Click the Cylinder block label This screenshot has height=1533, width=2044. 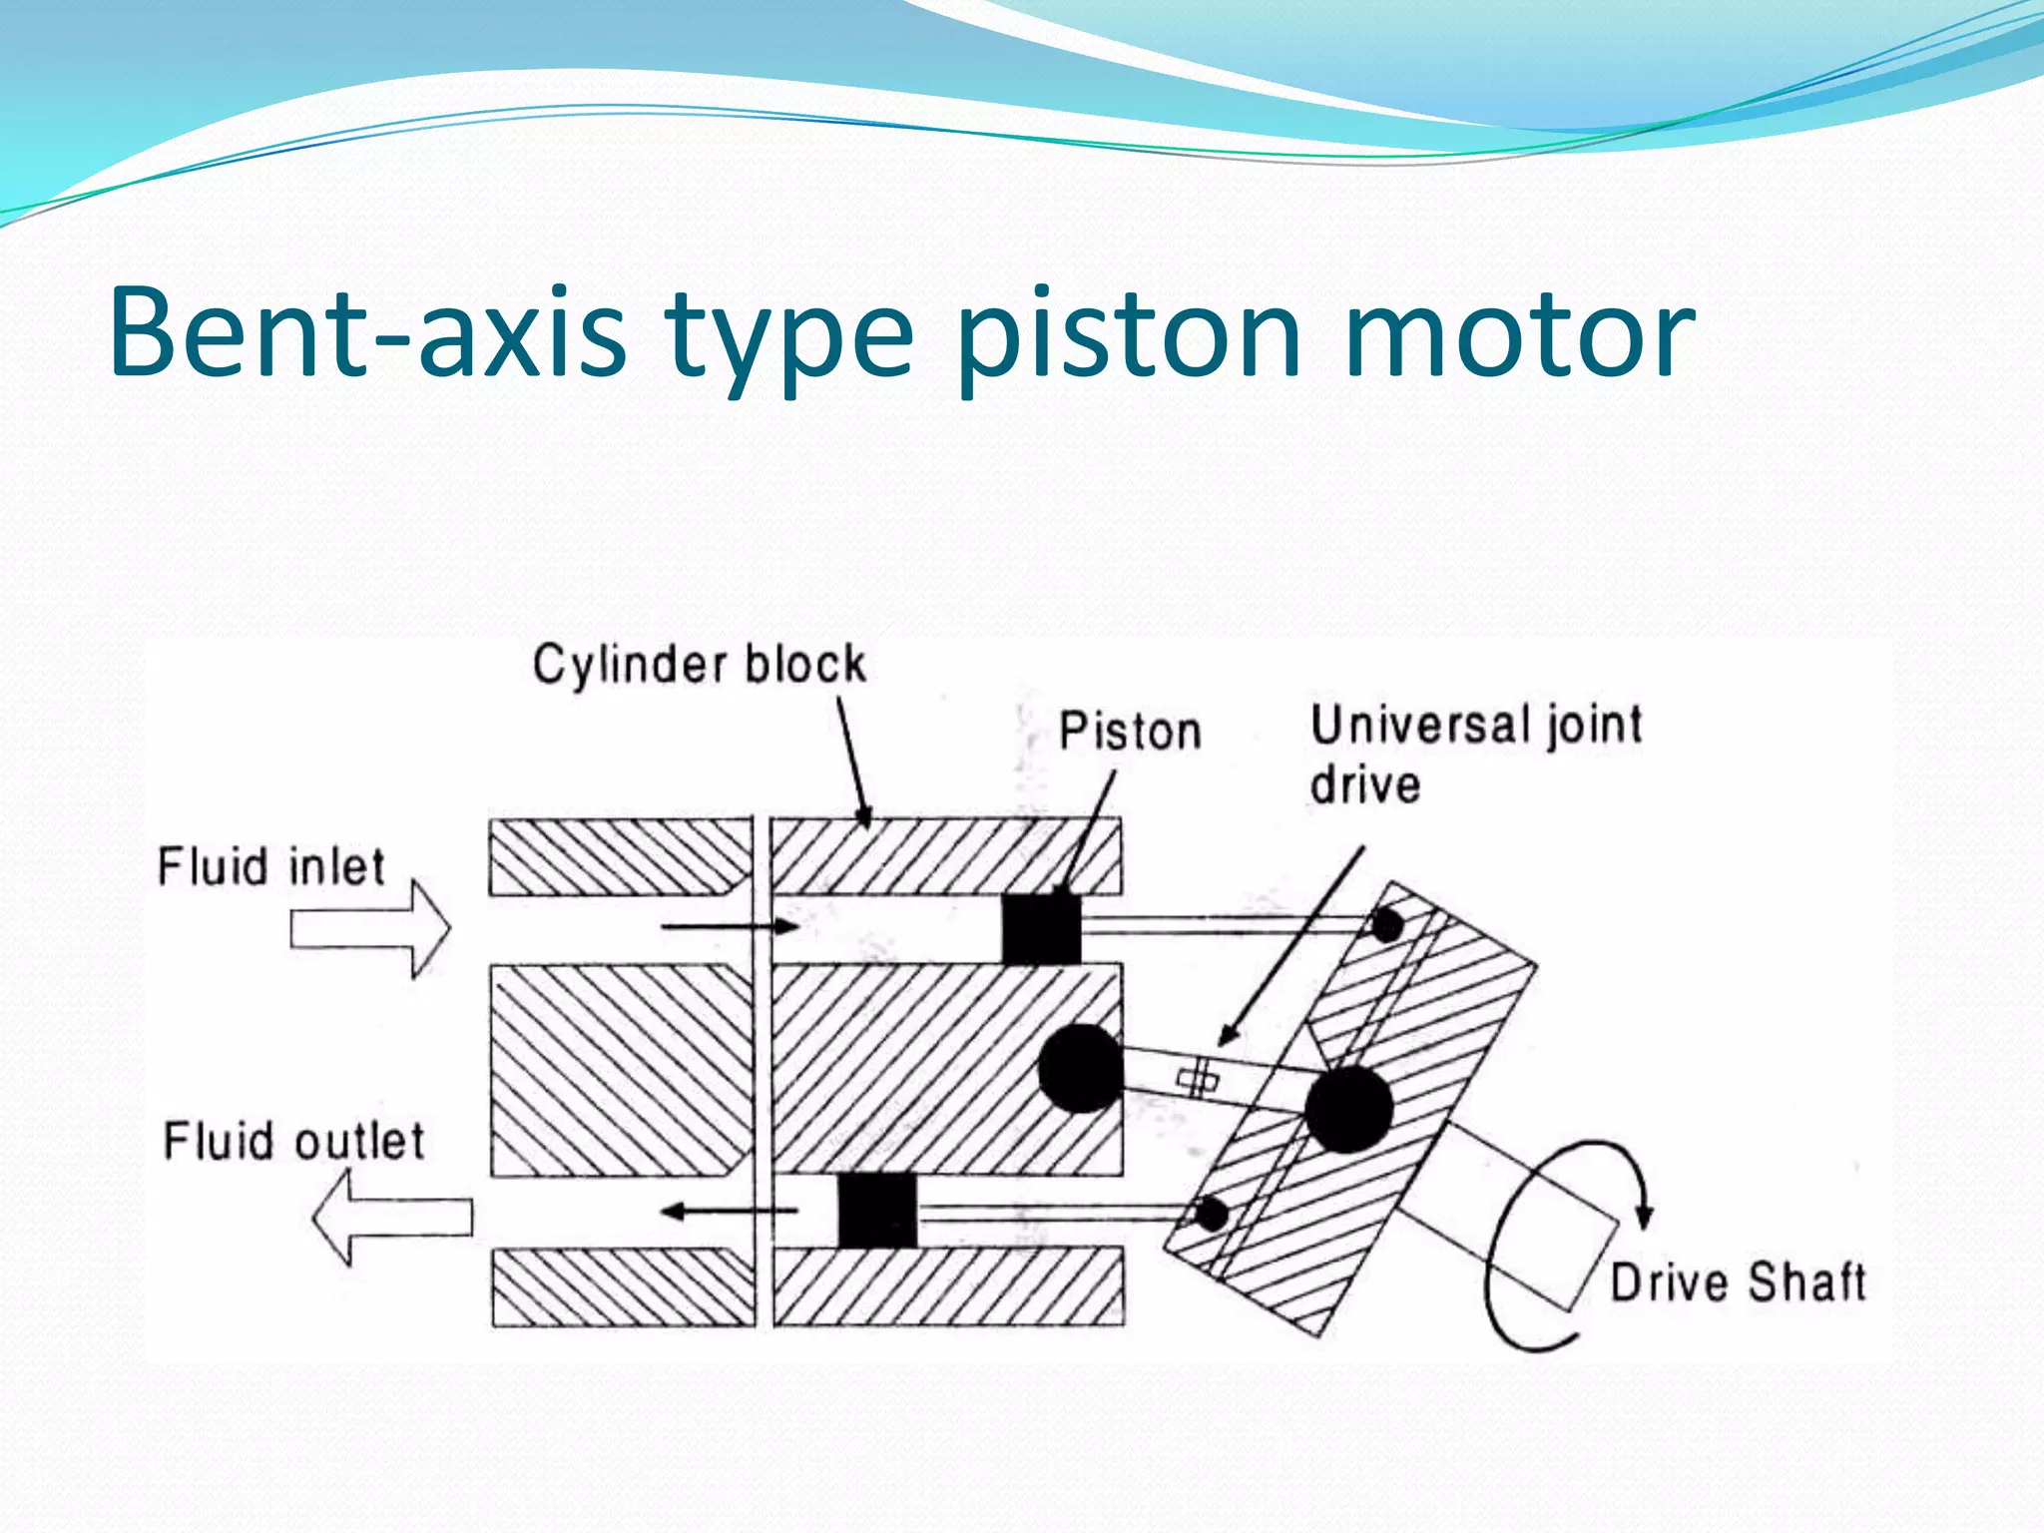tap(699, 665)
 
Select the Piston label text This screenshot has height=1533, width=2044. tap(1129, 732)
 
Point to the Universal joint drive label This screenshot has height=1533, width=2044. tap(1475, 754)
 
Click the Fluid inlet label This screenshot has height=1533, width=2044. tap(270, 866)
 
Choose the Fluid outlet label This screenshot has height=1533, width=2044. tap(293, 1141)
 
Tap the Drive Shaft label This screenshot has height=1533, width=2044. tap(1738, 1282)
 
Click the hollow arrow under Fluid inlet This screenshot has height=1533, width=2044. tap(370, 929)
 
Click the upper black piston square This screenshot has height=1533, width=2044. tap(1041, 928)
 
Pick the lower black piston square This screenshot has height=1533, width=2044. tap(876, 1210)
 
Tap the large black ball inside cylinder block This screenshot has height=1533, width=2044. tap(1080, 1068)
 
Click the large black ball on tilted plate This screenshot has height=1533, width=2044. tap(1347, 1109)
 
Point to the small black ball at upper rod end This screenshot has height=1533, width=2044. tap(1387, 926)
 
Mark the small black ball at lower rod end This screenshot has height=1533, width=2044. tap(1211, 1215)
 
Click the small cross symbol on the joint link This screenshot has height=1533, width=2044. tap(1198, 1079)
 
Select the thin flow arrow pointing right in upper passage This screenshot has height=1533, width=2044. tap(730, 927)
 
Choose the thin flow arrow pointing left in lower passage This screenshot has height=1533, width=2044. tap(730, 1212)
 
